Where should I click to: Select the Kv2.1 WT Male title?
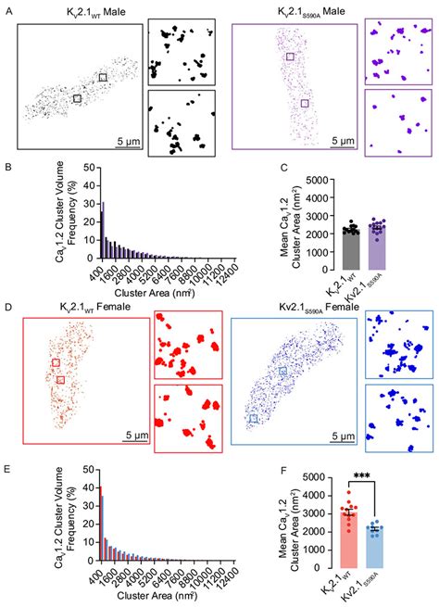(x=82, y=9)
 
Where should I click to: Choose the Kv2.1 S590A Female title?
(x=295, y=306)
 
